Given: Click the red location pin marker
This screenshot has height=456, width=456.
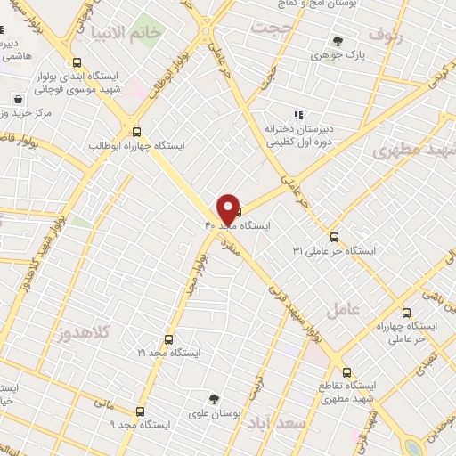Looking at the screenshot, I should [228, 208].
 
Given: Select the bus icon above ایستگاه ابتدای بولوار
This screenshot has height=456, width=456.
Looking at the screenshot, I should [77, 63].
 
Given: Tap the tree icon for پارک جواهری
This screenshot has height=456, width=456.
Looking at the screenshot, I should [338, 41].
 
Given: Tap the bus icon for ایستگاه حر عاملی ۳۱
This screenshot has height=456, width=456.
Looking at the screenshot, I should [335, 236].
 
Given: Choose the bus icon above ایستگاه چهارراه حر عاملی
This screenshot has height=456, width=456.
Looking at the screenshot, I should [407, 313].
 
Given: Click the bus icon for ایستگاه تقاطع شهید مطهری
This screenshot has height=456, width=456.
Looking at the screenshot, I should [347, 371].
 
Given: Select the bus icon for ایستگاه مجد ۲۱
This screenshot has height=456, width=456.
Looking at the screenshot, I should [169, 339].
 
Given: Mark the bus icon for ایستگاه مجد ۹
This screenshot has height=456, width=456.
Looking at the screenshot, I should [140, 411].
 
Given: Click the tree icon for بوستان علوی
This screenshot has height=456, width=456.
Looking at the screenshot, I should [213, 399].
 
